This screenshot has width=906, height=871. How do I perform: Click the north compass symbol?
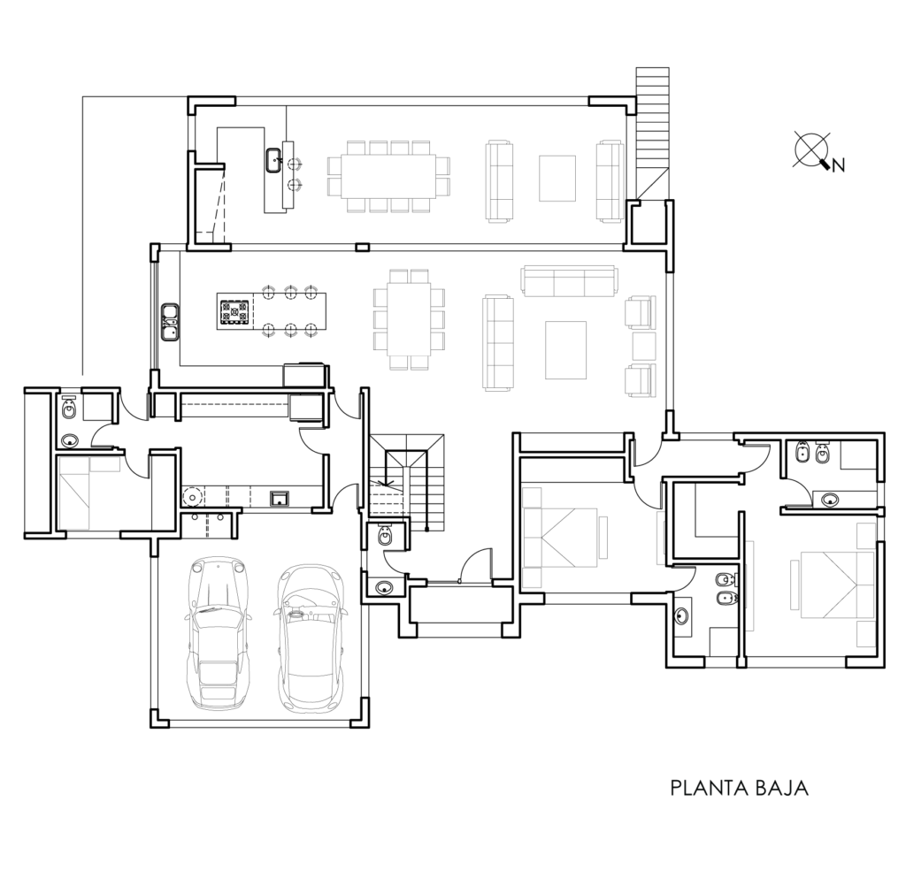click(812, 149)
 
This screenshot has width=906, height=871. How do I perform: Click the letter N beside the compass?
click(839, 165)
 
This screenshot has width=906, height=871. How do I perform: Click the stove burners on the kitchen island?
click(234, 312)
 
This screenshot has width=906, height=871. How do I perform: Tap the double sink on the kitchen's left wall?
click(169, 322)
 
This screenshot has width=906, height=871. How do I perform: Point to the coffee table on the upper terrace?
click(557, 178)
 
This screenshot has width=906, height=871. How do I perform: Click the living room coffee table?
click(565, 350)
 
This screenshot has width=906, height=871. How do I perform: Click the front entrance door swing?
click(478, 563)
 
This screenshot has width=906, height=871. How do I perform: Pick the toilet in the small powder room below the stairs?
click(386, 537)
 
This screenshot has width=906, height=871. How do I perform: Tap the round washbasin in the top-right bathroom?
click(830, 500)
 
